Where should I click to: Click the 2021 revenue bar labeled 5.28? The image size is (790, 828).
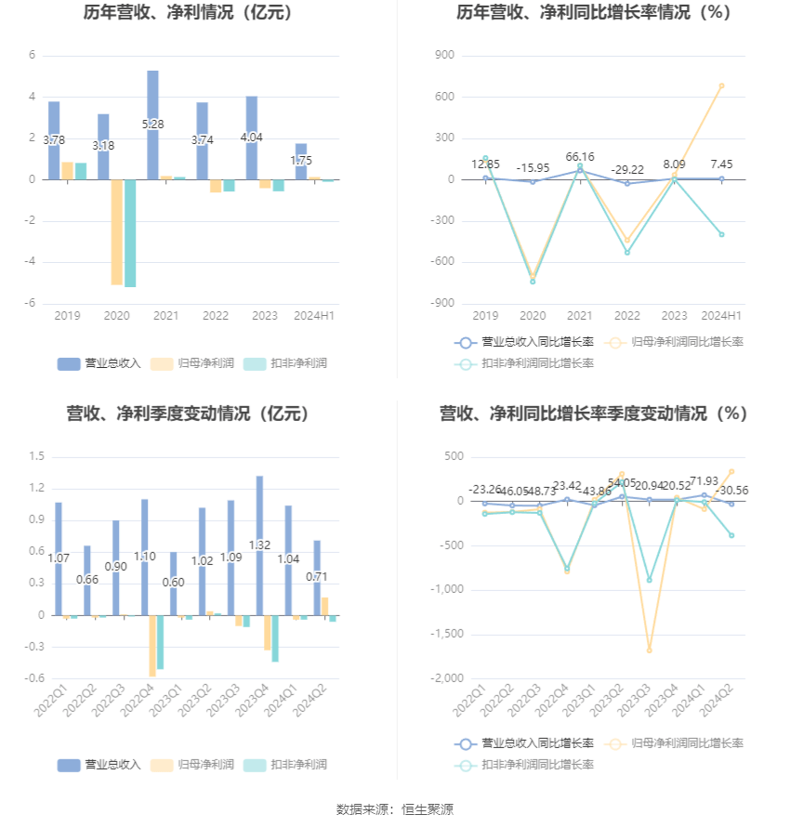pos(152,125)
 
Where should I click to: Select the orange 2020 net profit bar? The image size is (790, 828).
pos(117,232)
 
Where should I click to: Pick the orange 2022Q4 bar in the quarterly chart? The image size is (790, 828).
pos(152,646)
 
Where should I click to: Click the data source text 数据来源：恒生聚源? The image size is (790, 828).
pos(395,809)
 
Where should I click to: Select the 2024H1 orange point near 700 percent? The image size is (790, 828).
pos(721,85)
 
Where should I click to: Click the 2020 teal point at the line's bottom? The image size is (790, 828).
pos(533,281)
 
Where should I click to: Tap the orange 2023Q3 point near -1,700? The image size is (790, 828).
pos(649,651)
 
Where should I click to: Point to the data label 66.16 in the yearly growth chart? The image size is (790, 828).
pos(580,157)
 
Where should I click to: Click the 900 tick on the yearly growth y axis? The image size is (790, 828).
pos(443,56)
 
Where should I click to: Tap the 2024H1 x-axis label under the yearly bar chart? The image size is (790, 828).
pos(314,316)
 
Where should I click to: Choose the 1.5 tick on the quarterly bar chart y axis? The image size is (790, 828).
pos(37,456)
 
